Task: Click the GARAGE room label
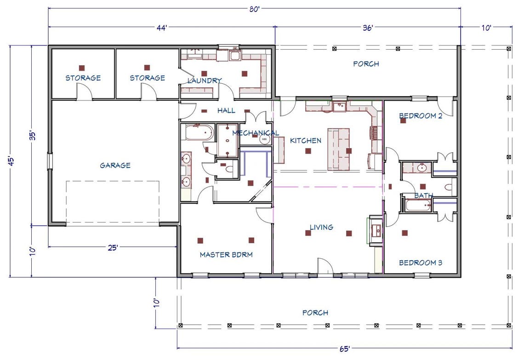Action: pos(115,166)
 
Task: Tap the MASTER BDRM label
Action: pos(226,254)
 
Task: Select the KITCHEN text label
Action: pos(306,140)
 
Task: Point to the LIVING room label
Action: pos(321,227)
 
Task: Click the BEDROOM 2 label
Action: pos(420,116)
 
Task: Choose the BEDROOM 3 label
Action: pos(420,263)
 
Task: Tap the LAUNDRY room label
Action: pos(205,80)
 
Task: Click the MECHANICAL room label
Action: pos(255,133)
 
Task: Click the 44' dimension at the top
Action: pos(161,28)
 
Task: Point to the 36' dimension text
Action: pos(367,28)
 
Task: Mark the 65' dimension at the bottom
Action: pos(344,349)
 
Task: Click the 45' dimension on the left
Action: pos(11,161)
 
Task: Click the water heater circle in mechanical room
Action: pos(264,138)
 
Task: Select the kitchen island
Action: pos(338,149)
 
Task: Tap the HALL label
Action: pos(226,110)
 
